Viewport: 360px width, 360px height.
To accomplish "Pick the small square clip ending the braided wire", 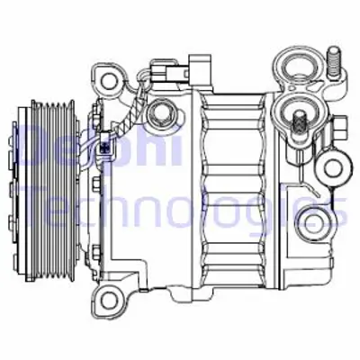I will [x=106, y=141].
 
